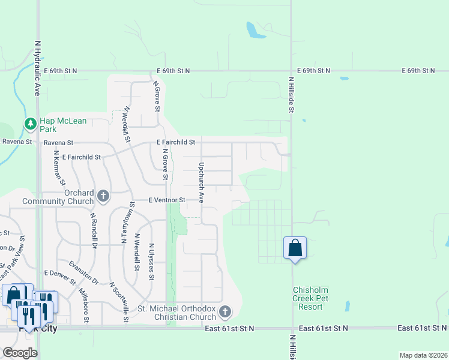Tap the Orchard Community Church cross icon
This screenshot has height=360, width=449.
coord(103,196)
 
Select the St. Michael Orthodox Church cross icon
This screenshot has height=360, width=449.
coord(225,311)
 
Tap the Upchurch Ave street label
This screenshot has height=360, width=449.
coord(202,182)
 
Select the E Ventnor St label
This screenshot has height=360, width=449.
coord(169,200)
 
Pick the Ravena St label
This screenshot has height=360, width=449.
coord(58,143)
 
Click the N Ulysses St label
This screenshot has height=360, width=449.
coord(151,262)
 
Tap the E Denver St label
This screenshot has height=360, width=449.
coord(59,277)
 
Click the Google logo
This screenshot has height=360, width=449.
coord(20,353)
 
